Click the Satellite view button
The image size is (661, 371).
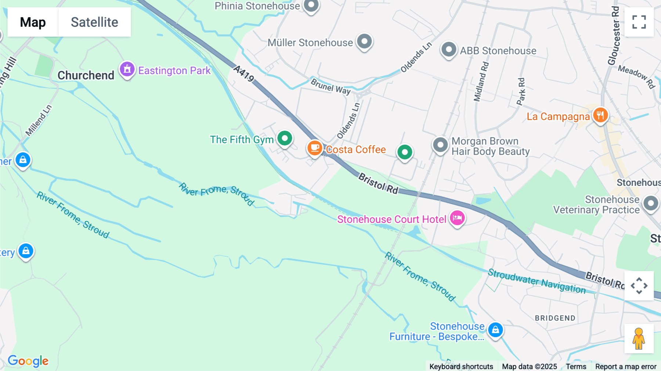click(x=94, y=22)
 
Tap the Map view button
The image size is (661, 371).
click(x=33, y=22)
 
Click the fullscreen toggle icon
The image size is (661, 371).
click(x=639, y=22)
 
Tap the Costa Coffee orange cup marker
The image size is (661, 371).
click(x=315, y=148)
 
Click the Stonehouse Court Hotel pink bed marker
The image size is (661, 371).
click(x=457, y=218)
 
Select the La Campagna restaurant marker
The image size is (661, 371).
click(x=600, y=115)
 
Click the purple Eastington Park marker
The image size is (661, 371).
click(x=127, y=69)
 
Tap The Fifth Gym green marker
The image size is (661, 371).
click(x=285, y=138)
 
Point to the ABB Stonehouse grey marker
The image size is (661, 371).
click(x=449, y=49)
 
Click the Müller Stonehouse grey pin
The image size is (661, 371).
click(x=364, y=42)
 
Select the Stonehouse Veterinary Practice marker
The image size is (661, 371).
click(x=651, y=203)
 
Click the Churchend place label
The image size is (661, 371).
click(x=86, y=75)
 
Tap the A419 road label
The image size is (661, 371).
click(x=244, y=73)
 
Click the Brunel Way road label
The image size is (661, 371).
click(x=330, y=87)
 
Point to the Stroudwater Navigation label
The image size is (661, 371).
click(x=537, y=281)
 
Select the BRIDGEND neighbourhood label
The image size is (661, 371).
click(x=555, y=318)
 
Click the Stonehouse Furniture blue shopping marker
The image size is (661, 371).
click(x=495, y=329)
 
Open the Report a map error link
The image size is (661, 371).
click(x=626, y=366)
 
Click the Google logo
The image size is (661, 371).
click(x=28, y=361)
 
